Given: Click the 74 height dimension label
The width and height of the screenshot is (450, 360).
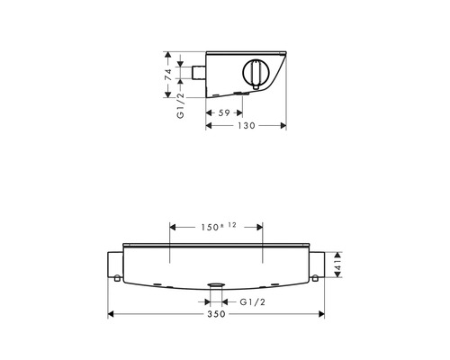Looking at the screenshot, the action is point(169,75).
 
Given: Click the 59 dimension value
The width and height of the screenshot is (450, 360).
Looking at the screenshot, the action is point(224,112).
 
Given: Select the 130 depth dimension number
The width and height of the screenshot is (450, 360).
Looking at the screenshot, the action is point(247,125).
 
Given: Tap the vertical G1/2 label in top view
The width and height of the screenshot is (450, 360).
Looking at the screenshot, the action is point(181,105).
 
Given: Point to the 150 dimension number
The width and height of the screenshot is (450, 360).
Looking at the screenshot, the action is point(210,227).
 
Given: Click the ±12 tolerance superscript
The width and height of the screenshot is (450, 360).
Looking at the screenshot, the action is point(229,225).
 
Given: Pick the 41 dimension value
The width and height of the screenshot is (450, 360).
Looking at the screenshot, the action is point(337,265).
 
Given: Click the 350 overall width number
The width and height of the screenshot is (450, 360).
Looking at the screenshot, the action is point(216,314).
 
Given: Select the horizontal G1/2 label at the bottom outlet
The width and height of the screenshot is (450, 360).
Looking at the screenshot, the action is point(253,301).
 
